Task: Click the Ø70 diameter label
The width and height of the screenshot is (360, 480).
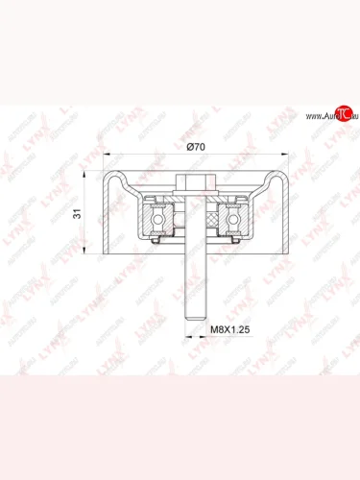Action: coord(195,146)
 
